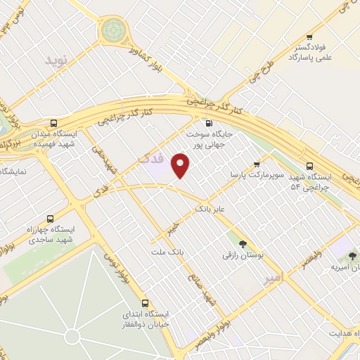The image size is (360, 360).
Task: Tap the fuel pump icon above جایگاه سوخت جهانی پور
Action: point(209,121)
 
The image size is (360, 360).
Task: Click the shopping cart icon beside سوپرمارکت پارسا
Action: point(256,164)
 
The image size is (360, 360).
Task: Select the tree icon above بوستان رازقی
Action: point(243,243)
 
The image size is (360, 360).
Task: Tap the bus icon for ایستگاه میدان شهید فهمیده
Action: point(55,122)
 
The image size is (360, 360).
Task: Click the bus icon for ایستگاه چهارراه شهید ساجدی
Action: point(49,218)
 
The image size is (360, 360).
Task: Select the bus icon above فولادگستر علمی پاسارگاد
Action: point(309,37)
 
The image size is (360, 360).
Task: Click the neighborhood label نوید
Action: point(59,60)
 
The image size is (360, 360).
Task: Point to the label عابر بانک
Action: point(211,210)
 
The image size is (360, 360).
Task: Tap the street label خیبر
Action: point(172,227)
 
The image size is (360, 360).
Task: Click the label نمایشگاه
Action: point(14,171)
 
